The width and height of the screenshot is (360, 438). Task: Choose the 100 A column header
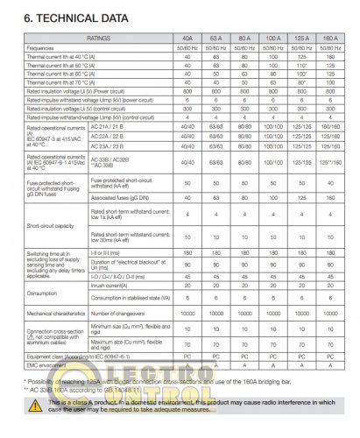[273, 38]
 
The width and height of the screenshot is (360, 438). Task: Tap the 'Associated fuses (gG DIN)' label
[122, 197]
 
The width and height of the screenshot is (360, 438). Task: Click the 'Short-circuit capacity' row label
[52, 223]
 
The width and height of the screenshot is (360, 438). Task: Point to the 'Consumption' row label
[44, 291]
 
